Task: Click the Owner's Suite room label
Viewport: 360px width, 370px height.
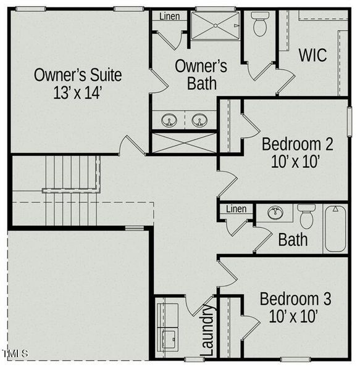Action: point(78,75)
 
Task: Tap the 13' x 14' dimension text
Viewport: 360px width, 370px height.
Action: point(78,92)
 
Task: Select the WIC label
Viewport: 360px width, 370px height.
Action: point(312,55)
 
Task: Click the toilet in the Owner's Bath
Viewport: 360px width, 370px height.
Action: point(260,24)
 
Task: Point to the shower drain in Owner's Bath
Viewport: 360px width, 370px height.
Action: point(215,25)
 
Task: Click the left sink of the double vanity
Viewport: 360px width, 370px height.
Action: point(169,120)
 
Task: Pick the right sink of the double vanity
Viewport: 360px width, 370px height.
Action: point(199,120)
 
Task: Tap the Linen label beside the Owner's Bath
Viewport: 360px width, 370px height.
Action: point(170,16)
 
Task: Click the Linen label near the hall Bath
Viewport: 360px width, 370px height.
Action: point(237,209)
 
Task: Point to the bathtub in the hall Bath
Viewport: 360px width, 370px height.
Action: point(335,229)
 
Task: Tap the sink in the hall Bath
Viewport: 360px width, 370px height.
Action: point(275,212)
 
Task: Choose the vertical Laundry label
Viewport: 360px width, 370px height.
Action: point(207,330)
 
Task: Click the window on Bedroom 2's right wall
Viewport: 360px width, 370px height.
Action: point(350,121)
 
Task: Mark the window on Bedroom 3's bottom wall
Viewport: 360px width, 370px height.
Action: point(296,360)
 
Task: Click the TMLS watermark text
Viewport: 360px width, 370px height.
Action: point(15,353)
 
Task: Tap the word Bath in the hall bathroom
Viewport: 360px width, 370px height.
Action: point(293,240)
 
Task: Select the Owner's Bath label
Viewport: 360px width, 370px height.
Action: point(201,75)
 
